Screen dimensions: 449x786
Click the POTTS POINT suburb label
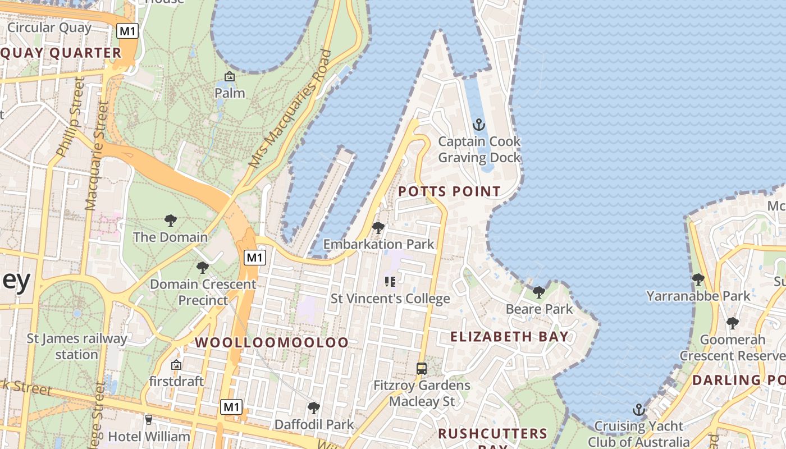coord(449,191)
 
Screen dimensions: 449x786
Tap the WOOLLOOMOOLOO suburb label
coord(272,342)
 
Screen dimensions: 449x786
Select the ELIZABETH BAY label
coord(510,337)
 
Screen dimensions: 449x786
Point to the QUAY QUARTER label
coord(61,53)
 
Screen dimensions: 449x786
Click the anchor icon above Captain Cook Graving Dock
coord(479,125)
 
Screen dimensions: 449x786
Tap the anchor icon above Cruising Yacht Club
coord(638,410)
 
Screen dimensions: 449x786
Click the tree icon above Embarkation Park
coord(378,228)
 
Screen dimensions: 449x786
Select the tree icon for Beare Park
coord(539,292)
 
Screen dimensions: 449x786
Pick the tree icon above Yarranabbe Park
coord(698,280)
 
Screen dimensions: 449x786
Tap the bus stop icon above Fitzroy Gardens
coord(422,369)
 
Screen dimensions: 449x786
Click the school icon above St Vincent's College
coord(390,282)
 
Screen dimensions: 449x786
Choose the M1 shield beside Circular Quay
coord(127,31)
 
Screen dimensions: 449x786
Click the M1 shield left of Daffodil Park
coord(231,407)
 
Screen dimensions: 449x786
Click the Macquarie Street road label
coord(95,157)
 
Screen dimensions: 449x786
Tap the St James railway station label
coord(77,347)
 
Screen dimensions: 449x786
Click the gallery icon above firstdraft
coord(176,365)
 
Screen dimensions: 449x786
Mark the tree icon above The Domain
coord(170,221)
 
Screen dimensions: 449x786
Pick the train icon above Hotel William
coord(149,419)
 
